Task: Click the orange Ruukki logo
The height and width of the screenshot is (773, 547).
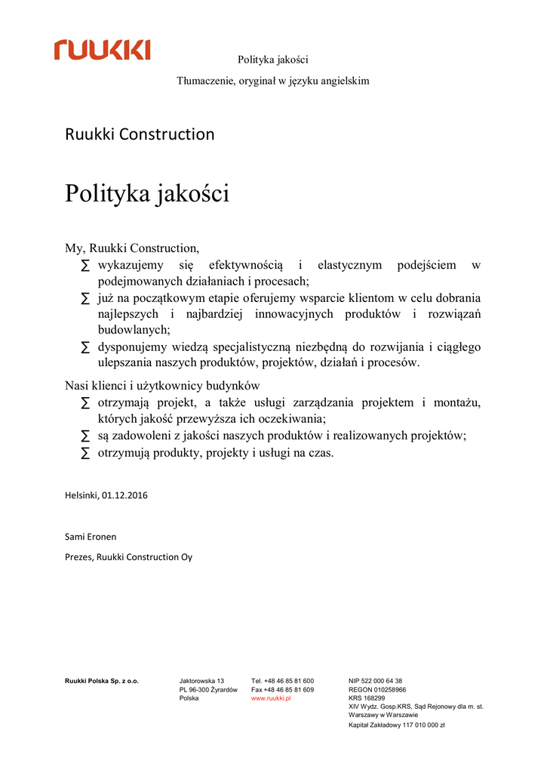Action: [x=102, y=51]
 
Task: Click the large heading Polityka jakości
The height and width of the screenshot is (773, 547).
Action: [x=146, y=193]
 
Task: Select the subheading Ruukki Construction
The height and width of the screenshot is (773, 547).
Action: [x=140, y=134]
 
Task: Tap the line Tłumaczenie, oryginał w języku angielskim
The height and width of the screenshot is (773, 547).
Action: [x=273, y=81]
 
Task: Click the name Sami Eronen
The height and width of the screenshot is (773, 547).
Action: [x=91, y=537]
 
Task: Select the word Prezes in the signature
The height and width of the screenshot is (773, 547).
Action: [x=78, y=557]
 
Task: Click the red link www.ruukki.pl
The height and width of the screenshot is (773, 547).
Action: [x=271, y=698]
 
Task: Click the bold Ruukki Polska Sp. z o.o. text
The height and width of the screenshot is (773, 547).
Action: [x=102, y=681]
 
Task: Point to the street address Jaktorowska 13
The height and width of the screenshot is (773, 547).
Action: [x=201, y=681]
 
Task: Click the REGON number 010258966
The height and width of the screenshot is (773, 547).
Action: [x=388, y=690]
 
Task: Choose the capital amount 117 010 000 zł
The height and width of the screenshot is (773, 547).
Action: [x=418, y=725]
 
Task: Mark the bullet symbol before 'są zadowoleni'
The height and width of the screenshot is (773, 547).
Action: [x=85, y=436]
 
